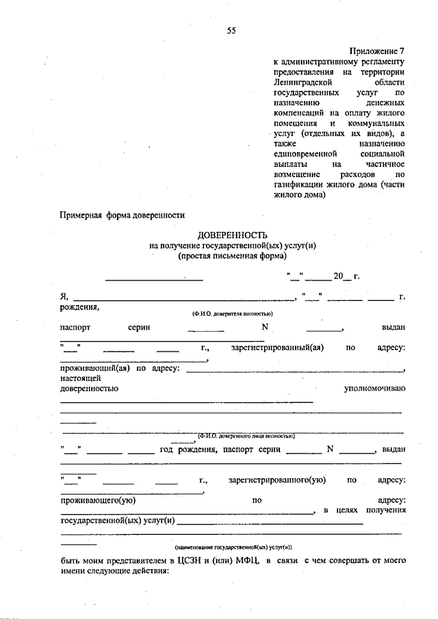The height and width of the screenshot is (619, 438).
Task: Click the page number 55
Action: tap(231, 31)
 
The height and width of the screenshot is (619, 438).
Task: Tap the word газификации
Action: tap(298, 185)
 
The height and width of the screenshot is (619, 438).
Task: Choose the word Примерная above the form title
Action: tap(82, 215)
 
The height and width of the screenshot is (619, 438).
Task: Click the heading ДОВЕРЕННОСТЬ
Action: tap(231, 234)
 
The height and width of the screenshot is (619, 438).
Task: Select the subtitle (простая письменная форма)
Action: tap(231, 255)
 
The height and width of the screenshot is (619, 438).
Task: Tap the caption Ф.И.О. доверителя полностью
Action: tap(233, 313)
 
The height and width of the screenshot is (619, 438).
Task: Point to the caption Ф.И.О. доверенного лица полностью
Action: tap(246, 435)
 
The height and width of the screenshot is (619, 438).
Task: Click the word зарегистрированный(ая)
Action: tap(277, 347)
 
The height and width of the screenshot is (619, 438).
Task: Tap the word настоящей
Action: tap(81, 378)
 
